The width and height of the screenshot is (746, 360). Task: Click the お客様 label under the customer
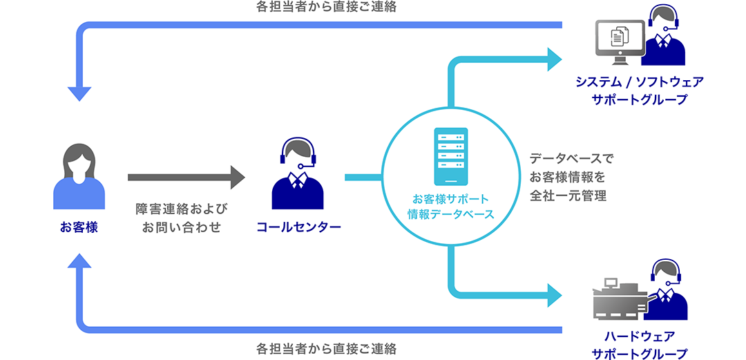point(79,227)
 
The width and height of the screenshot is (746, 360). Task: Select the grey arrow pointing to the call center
point(186,178)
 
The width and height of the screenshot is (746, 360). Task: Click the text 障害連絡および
point(182,208)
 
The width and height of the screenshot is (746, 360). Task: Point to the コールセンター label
point(298,227)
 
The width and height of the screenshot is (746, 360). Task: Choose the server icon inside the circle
point(450,157)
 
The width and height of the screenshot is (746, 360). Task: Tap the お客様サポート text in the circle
point(450,199)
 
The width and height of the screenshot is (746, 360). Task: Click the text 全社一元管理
point(568,196)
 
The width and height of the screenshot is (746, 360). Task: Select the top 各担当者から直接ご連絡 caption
point(326,8)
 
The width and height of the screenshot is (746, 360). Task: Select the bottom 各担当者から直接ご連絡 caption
point(326,347)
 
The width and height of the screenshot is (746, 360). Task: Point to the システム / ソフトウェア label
point(640,82)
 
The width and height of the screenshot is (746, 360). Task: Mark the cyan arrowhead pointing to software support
point(555,59)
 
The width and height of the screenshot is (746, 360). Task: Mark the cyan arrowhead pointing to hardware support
point(555,295)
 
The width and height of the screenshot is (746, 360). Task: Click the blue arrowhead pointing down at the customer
point(79,95)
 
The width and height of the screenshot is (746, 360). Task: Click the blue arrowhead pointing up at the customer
point(79,260)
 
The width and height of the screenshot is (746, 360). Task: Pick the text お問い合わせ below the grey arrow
point(182,227)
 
